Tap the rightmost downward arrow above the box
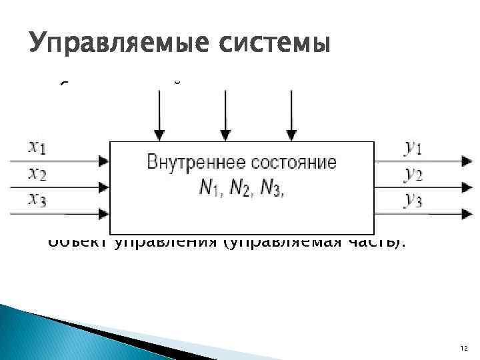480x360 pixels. click(291, 113)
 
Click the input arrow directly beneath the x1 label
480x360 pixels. click(60, 161)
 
